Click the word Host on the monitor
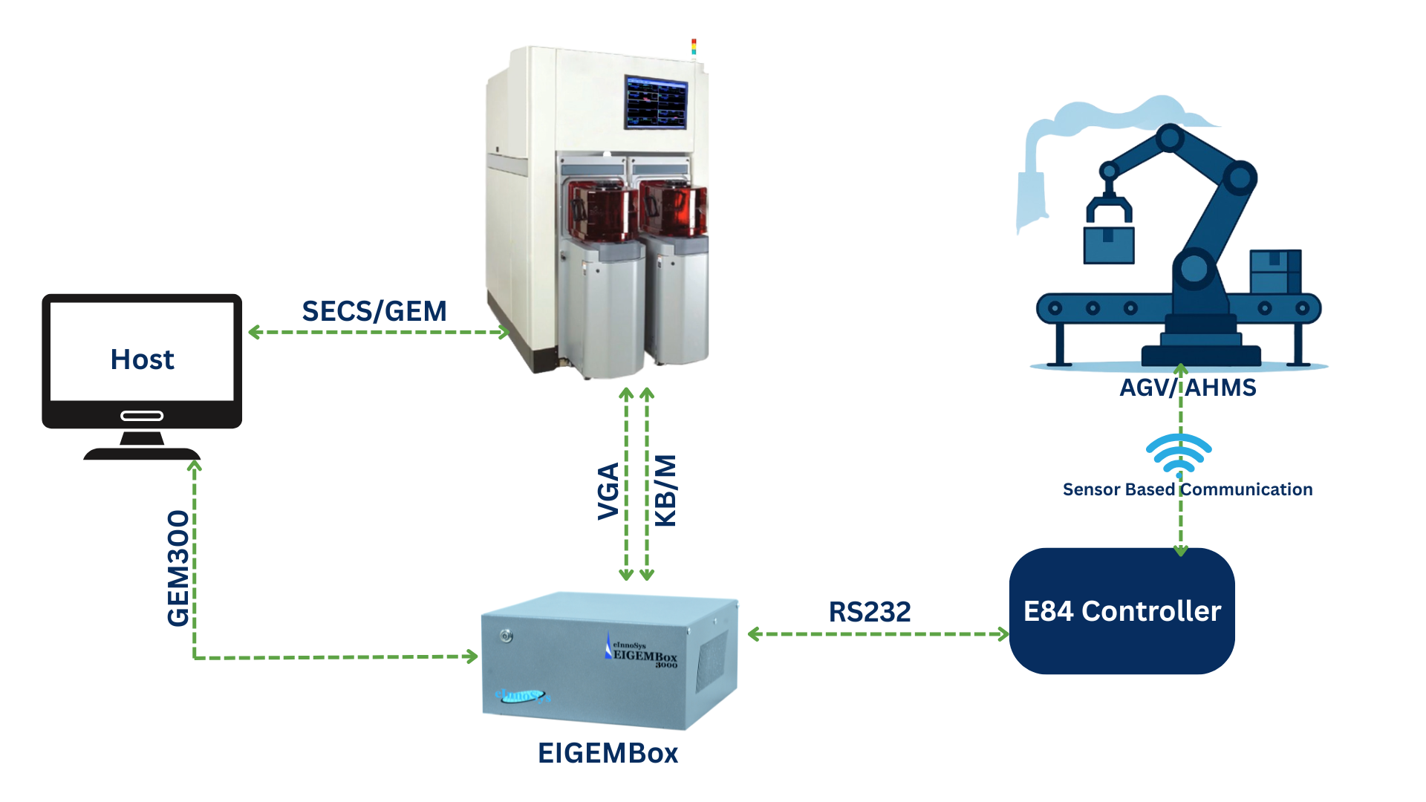point(142,359)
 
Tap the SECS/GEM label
point(374,311)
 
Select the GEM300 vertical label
point(178,568)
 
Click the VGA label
point(608,491)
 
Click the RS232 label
point(870,612)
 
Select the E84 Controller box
point(1121,611)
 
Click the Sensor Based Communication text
point(1188,489)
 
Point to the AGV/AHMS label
point(1188,388)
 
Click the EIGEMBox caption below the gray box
point(608,753)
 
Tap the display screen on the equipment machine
point(656,102)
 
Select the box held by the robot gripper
point(1109,245)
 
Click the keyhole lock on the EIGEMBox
point(507,636)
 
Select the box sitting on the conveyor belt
point(1275,272)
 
